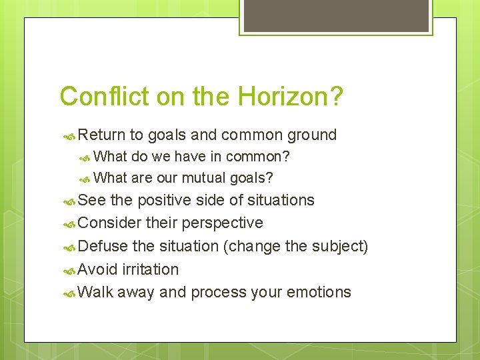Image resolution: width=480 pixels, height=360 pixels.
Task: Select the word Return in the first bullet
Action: (101, 135)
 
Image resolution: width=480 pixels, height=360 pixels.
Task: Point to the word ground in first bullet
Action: (311, 135)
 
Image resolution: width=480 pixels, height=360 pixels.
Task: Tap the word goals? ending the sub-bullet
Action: (251, 179)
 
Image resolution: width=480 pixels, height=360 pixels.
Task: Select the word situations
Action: (280, 200)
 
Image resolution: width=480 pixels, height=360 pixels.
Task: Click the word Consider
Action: (106, 223)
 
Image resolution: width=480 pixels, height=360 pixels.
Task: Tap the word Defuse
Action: (103, 246)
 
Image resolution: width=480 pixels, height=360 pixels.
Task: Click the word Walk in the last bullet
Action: (95, 292)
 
